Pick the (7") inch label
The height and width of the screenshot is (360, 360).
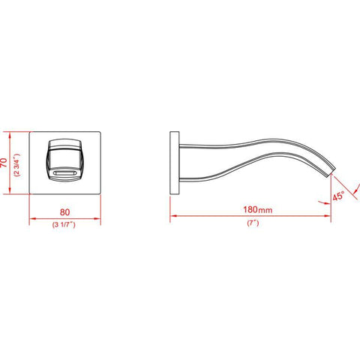[x=250, y=224]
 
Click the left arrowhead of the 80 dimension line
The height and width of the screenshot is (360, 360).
[x=31, y=220]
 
